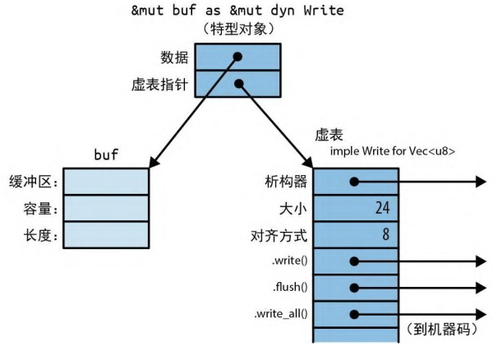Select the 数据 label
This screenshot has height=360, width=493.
click(x=176, y=58)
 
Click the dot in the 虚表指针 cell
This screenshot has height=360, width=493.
click(x=238, y=83)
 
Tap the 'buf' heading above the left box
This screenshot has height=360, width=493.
click(x=106, y=154)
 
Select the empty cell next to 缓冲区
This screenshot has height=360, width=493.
click(x=106, y=182)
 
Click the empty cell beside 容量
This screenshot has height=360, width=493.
click(x=106, y=209)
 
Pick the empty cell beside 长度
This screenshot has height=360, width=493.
click(x=106, y=236)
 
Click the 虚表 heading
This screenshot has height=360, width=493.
click(x=329, y=135)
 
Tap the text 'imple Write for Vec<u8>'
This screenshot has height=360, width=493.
click(x=392, y=153)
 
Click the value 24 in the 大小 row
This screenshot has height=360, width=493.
click(x=381, y=209)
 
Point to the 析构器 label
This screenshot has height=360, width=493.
click(x=287, y=182)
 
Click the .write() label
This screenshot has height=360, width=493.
click(x=288, y=261)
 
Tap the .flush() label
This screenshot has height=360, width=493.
click(x=289, y=288)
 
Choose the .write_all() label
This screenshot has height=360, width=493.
click(x=282, y=314)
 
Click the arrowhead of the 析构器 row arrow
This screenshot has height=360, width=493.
click(x=480, y=182)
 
